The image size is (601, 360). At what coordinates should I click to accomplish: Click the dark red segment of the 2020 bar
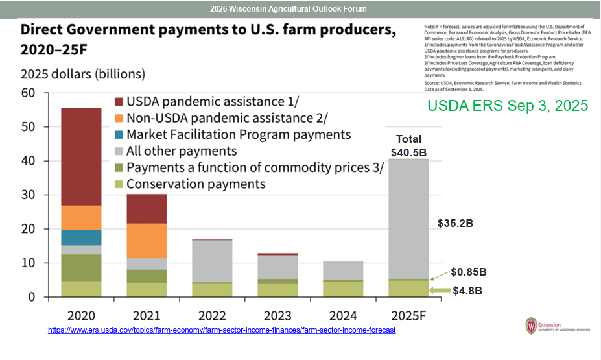click(x=82, y=156)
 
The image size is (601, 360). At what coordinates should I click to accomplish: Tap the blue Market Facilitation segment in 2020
click(x=82, y=237)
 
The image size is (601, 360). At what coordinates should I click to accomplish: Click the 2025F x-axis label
click(x=408, y=316)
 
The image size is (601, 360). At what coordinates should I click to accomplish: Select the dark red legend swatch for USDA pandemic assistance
click(x=118, y=102)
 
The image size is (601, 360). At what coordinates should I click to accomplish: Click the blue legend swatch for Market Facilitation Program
click(x=118, y=135)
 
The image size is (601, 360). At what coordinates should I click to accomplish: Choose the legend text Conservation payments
click(x=196, y=184)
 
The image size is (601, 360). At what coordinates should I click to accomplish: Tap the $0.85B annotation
click(x=467, y=272)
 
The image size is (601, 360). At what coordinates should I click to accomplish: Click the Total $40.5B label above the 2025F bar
click(x=408, y=145)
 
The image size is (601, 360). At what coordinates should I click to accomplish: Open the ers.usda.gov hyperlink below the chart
click(x=222, y=330)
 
